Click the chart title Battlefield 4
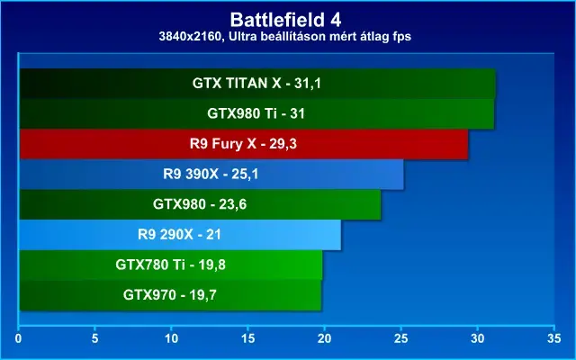point(285,20)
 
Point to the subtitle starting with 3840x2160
point(285,36)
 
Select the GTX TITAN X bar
point(257,84)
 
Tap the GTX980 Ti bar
point(256,113)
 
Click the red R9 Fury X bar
point(244,144)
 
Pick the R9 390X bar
point(211,174)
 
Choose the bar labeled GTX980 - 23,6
point(200,204)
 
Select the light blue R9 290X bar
point(180,234)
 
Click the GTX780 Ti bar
point(171,265)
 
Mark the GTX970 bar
point(170,294)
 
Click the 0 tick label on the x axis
point(18,338)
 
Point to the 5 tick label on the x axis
point(94,338)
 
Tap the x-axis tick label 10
point(171,338)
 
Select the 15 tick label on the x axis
point(248,338)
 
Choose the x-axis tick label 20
point(324,338)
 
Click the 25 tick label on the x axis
point(400,338)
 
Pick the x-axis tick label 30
point(478,338)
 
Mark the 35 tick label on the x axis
point(554,338)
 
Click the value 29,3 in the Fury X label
point(283,144)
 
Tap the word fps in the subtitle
point(402,37)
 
